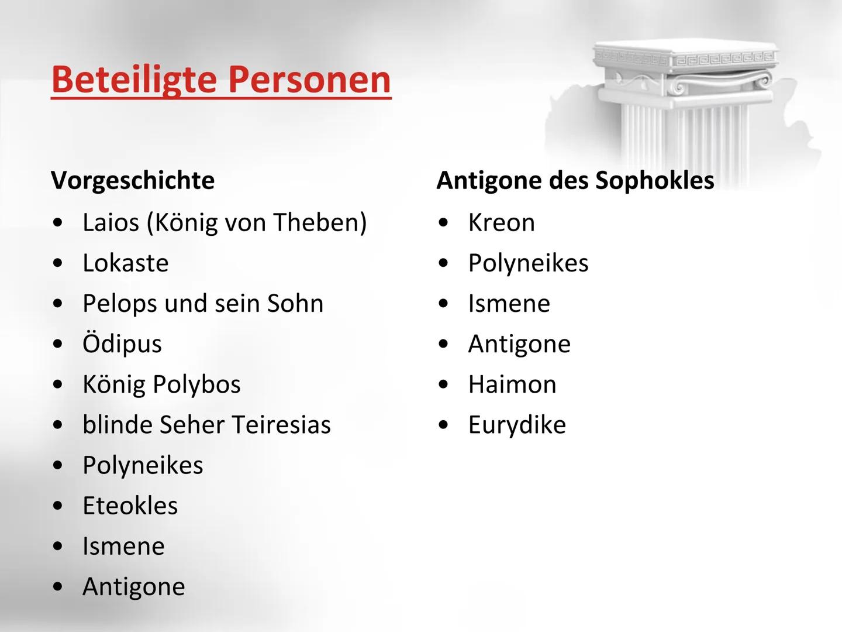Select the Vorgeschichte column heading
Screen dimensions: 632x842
point(133,180)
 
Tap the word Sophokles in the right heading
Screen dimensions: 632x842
point(654,180)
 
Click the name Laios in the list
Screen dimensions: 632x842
point(111,222)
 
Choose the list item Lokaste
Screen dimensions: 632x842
point(125,263)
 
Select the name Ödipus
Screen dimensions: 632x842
point(122,344)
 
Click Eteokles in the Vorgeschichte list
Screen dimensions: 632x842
point(130,506)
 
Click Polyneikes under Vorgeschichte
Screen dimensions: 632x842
point(143,465)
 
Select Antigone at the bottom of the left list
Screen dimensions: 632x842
point(133,586)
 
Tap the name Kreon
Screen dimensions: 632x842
point(501,222)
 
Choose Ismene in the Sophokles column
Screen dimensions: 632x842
point(509,304)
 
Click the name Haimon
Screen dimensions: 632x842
point(512,384)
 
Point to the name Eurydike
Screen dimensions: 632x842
point(517,425)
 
